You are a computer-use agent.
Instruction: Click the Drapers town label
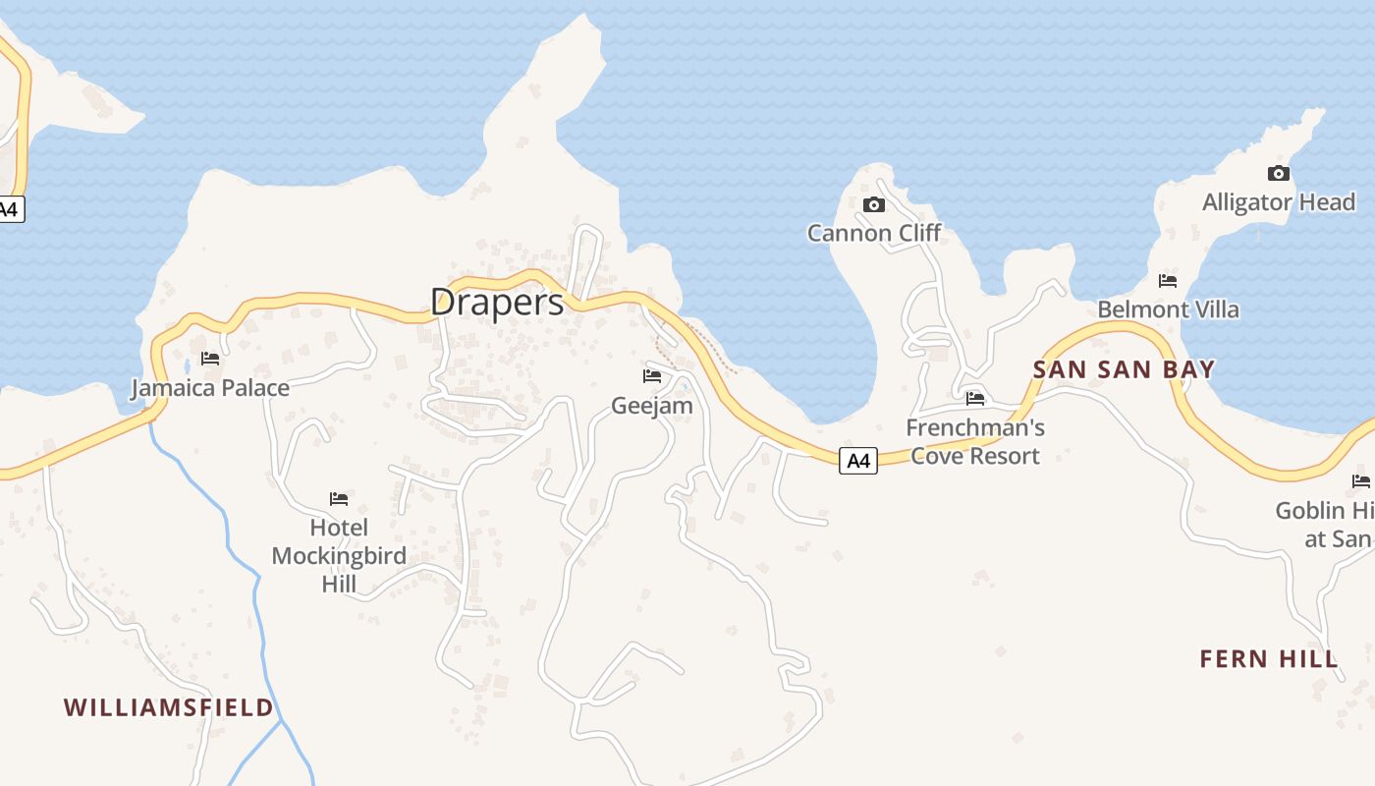497,303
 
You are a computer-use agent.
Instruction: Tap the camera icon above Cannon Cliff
873,204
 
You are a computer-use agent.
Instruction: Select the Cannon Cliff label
874,233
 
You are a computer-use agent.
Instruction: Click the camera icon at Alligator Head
1278,174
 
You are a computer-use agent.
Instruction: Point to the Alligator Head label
1279,202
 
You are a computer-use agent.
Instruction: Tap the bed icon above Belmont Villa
1168,281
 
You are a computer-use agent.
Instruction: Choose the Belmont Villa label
1168,309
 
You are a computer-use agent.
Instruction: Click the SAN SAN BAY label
1124,370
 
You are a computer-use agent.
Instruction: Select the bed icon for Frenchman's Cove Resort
975,399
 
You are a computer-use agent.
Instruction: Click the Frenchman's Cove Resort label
975,442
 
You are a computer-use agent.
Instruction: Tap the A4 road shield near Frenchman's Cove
858,461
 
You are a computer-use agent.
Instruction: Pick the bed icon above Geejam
652,376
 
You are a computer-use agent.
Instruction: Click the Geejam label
652,406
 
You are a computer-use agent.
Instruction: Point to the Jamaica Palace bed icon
210,359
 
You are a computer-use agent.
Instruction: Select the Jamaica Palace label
210,388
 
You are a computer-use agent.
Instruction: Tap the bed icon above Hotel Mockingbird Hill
339,499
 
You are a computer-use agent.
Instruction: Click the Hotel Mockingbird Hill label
339,556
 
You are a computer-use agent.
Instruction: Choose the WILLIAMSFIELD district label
168,707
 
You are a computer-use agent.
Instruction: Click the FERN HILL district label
1269,659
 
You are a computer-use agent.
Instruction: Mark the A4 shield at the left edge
9,209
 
